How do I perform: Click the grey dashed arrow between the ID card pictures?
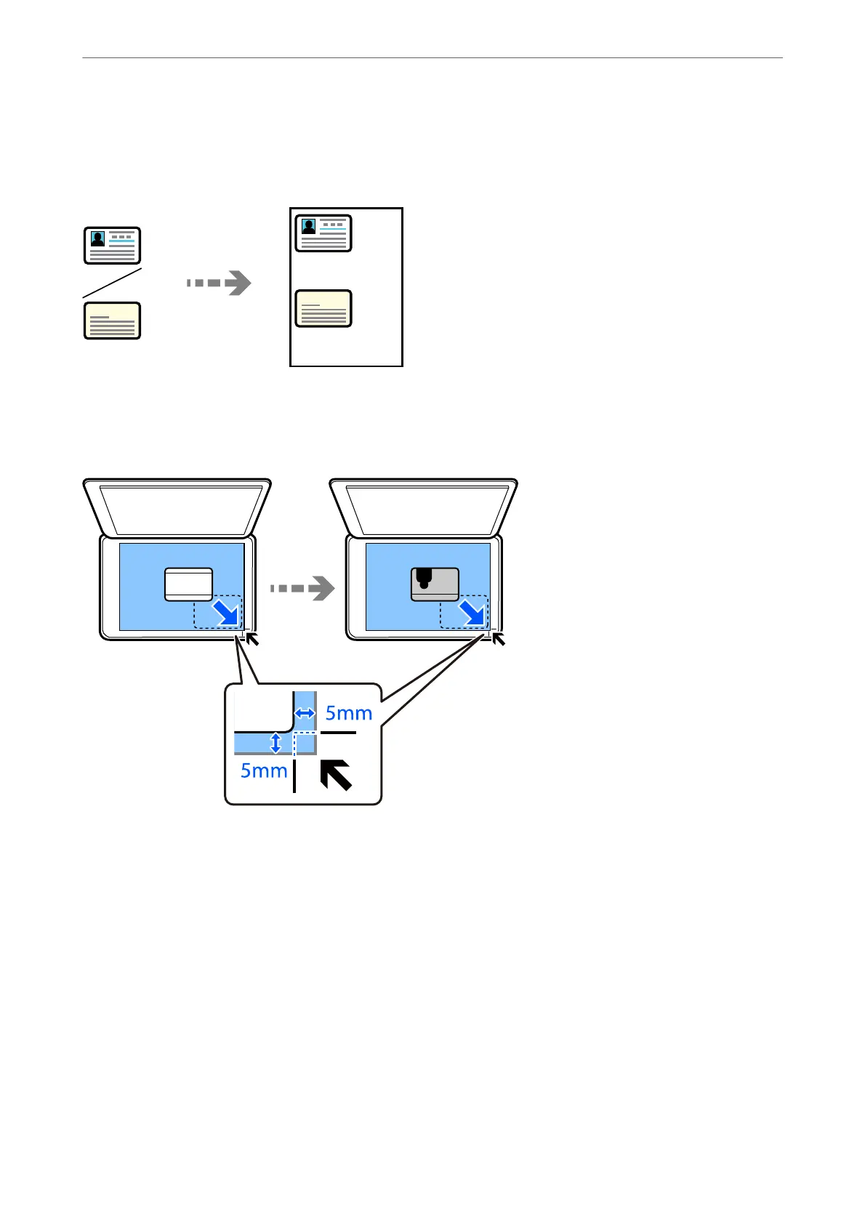point(219,283)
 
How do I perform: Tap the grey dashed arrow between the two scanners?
point(302,588)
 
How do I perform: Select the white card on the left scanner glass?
point(188,584)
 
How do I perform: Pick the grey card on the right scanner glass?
point(435,584)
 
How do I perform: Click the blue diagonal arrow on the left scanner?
point(225,613)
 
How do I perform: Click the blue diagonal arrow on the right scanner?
point(472,613)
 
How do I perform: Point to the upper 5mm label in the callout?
point(349,714)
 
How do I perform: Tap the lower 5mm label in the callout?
point(264,770)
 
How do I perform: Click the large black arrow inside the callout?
point(336,775)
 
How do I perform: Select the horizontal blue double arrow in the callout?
point(305,714)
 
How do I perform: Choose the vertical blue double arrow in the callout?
point(275,743)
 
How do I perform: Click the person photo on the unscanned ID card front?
point(97,239)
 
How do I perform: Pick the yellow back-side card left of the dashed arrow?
point(112,321)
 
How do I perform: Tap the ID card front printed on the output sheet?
point(323,233)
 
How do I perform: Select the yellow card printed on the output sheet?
point(323,309)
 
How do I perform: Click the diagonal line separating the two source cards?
point(112,283)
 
